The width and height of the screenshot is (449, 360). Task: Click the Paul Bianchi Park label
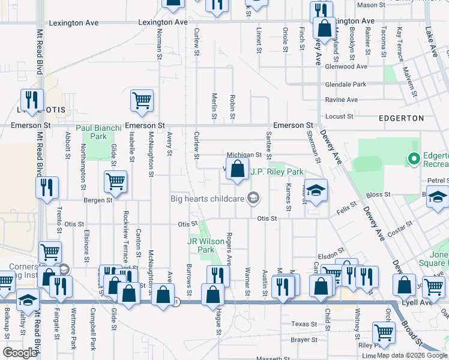(x=99, y=132)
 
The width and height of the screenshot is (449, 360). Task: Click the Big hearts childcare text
(x=207, y=199)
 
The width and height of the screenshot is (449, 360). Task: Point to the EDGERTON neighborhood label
(x=402, y=118)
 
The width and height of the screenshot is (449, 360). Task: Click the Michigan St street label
(x=244, y=155)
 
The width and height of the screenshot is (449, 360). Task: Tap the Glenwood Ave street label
(x=346, y=67)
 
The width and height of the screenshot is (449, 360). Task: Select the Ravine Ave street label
(x=341, y=100)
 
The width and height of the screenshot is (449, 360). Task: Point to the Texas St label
(x=304, y=324)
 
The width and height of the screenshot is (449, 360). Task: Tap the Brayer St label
(x=304, y=340)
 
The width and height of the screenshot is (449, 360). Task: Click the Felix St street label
(x=346, y=209)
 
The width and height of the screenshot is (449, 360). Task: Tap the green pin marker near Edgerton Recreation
(x=413, y=159)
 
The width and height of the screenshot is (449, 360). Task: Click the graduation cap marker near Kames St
(x=316, y=191)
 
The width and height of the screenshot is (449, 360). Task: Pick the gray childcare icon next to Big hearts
(x=254, y=199)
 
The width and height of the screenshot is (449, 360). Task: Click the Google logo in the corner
(x=19, y=353)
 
